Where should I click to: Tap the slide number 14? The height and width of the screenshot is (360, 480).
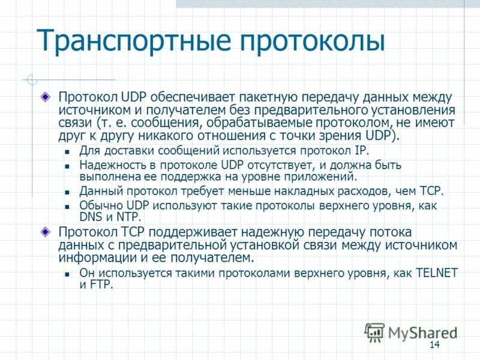(435, 344)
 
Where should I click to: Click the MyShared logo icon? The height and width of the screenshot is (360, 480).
(374, 331)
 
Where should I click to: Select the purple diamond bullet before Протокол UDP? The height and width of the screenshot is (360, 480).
(46, 97)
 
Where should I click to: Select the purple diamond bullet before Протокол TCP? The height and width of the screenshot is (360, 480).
(46, 232)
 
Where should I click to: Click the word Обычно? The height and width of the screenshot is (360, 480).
(98, 205)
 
